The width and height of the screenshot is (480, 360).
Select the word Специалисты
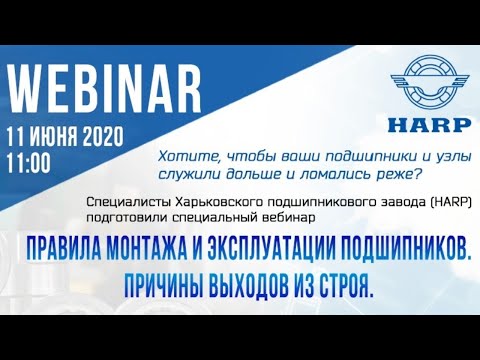coord(126,199)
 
